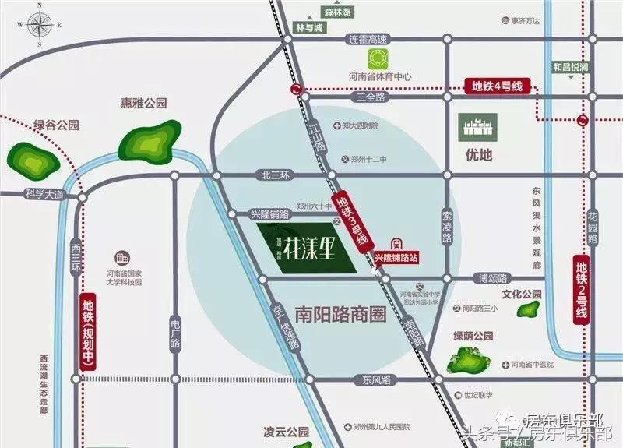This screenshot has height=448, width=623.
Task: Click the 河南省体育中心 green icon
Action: pyautogui.click(x=379, y=58)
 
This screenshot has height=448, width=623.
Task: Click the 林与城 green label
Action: pyautogui.click(x=307, y=27)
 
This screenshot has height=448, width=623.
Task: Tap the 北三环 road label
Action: pyautogui.click(x=275, y=175)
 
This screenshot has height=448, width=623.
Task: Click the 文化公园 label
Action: pyautogui.click(x=521, y=295)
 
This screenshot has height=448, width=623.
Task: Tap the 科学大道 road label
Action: pyautogui.click(x=43, y=193)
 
